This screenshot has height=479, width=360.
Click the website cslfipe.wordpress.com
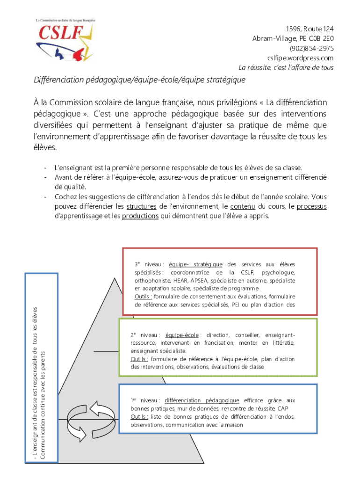(300, 58)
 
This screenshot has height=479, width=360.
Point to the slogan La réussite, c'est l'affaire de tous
(286, 68)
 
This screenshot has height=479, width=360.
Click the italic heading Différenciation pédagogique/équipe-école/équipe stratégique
(139, 80)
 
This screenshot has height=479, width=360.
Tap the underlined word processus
(311, 206)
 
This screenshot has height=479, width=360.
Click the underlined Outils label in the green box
(139, 359)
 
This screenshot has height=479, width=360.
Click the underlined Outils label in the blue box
(139, 417)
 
